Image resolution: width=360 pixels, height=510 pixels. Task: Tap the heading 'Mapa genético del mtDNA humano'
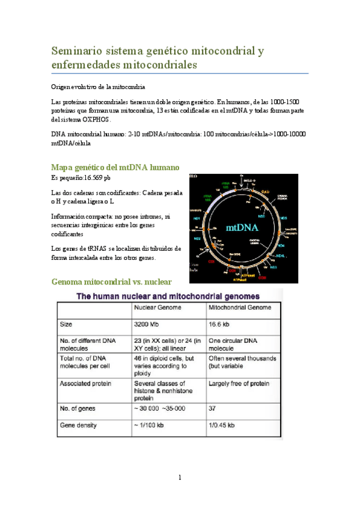pyautogui.click(x=115, y=167)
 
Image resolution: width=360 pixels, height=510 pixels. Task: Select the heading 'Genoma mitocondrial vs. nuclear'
pyautogui.click(x=112, y=281)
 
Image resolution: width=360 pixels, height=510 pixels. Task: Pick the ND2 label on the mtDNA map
pyautogui.click(x=213, y=238)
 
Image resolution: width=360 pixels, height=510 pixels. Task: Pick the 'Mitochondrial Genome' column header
pyautogui.click(x=239, y=307)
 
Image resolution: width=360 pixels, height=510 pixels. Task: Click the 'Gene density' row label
pyautogui.click(x=79, y=424)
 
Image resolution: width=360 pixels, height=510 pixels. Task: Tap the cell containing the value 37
pyautogui.click(x=213, y=408)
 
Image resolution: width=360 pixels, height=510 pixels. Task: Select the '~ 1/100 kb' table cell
pyautogui.click(x=151, y=424)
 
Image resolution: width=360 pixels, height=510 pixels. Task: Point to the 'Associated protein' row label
pyautogui.click(x=88, y=383)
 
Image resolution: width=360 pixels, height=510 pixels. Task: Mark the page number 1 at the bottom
pyautogui.click(x=179, y=478)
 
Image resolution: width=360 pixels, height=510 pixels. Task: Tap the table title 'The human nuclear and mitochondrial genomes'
pyautogui.click(x=166, y=296)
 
